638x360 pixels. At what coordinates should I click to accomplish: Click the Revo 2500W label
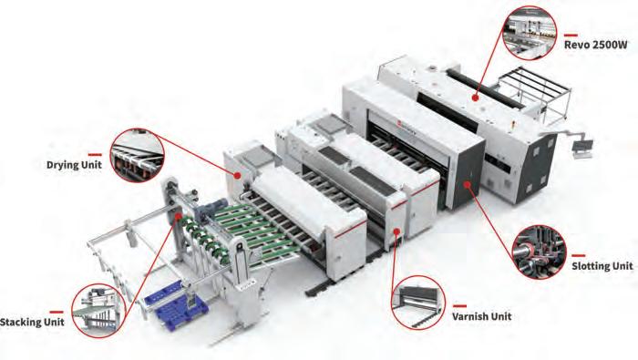coord(595,45)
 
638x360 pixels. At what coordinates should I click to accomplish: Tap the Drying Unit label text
coord(74,165)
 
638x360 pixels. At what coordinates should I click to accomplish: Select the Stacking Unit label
coord(32,322)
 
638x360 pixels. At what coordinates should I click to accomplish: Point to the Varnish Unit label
coord(482,316)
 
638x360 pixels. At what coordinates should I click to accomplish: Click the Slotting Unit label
coord(602,266)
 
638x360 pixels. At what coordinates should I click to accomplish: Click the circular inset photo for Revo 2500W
coord(530,33)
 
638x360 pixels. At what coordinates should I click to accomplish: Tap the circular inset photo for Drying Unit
coord(137,155)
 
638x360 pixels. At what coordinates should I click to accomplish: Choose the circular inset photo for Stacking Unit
coord(98,311)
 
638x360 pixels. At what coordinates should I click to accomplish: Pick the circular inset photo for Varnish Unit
coord(418,303)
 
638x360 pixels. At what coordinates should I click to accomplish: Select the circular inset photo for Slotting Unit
coord(540,252)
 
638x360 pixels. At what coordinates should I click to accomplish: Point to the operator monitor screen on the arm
coord(583,146)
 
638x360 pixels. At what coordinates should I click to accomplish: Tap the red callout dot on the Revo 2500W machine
coord(475,98)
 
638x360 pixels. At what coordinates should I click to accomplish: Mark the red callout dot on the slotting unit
coord(467,185)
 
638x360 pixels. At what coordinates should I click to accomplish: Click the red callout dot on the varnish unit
coord(396,231)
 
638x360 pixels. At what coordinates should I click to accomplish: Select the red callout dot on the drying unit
coord(237,175)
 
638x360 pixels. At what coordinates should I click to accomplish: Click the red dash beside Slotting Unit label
coord(579,255)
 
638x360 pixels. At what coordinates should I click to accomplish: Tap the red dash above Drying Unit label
coord(95,155)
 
